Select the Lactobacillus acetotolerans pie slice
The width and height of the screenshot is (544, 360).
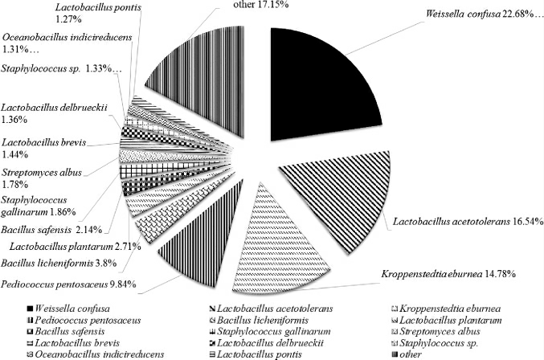coord(321,201)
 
